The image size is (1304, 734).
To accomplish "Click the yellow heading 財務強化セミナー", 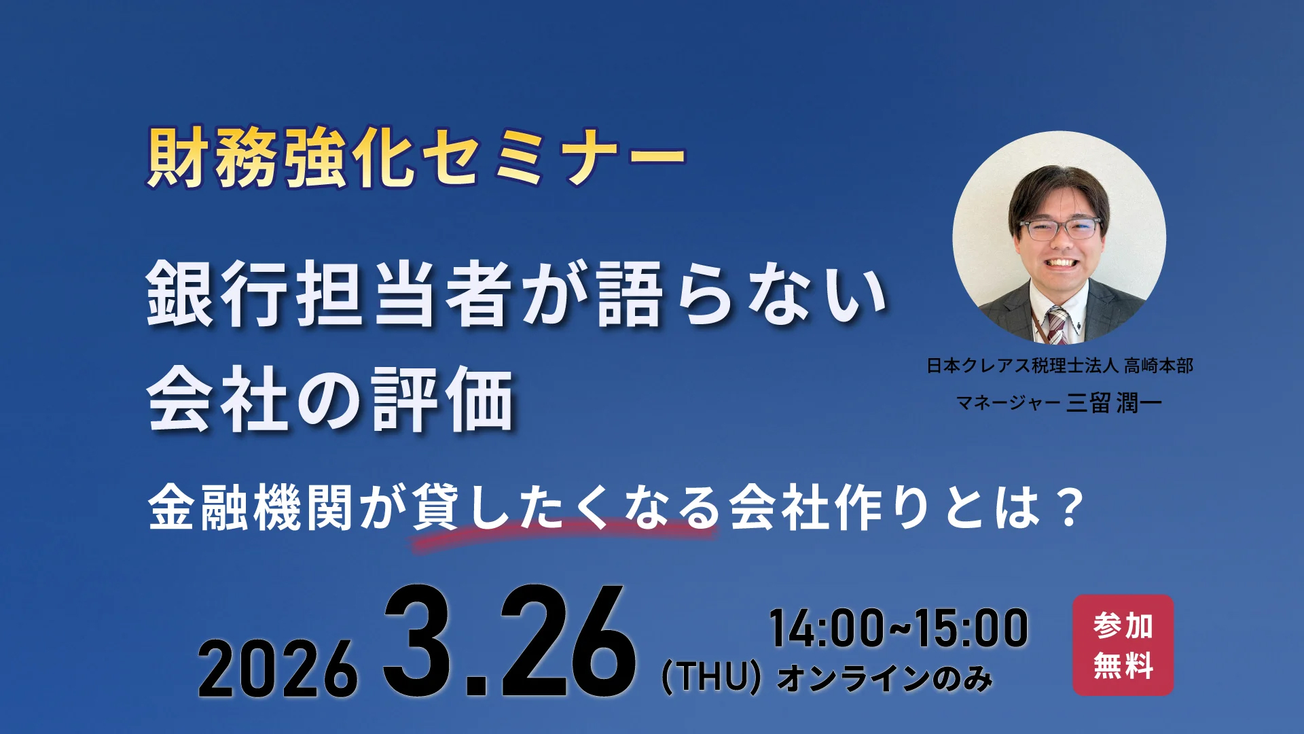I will [416, 158].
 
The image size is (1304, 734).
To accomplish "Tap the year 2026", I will [277, 669].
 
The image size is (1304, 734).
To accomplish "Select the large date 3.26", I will [509, 642].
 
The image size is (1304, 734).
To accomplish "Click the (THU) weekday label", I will [711, 677].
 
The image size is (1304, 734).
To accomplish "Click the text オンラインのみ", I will [885, 678].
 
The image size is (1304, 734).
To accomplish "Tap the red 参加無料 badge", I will [1123, 645].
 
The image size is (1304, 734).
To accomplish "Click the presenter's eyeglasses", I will [1059, 229].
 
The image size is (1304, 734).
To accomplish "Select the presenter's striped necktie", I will [1057, 325].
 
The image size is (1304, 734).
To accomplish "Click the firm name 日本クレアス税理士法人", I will [1021, 366].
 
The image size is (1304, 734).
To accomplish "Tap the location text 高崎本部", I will [1158, 366].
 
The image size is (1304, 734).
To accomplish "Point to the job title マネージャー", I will [1008, 403].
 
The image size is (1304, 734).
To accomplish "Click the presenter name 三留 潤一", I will [1114, 403].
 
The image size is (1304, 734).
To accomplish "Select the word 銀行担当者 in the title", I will [329, 294].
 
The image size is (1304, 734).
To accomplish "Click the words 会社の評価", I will [330, 400].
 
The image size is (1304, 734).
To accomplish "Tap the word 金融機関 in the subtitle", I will [250, 508].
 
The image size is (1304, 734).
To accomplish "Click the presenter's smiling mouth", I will [1061, 262].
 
